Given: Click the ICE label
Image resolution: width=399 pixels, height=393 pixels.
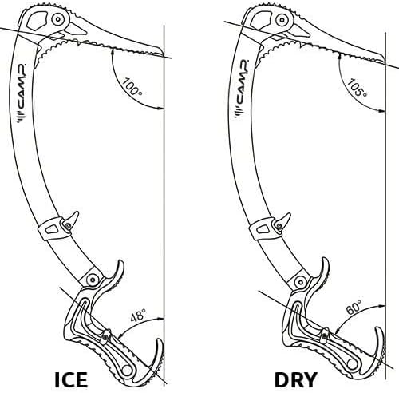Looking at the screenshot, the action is pyautogui.click(x=71, y=379).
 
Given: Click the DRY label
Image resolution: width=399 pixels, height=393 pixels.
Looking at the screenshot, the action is pyautogui.click(x=296, y=379).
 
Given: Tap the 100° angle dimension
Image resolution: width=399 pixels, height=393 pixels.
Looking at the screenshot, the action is pyautogui.click(x=132, y=87).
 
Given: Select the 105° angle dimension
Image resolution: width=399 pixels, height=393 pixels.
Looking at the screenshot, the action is pyautogui.click(x=357, y=88).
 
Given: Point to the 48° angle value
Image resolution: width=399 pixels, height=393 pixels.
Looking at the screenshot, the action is pyautogui.click(x=138, y=315).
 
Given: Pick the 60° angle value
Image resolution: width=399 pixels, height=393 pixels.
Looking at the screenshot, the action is pyautogui.click(x=354, y=307).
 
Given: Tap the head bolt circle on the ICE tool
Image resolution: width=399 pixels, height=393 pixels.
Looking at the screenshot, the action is pyautogui.click(x=57, y=19).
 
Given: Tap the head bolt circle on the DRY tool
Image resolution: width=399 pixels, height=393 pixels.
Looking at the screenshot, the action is pyautogui.click(x=282, y=20).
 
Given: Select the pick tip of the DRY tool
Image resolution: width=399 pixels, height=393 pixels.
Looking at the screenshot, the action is pyautogui.click(x=384, y=62).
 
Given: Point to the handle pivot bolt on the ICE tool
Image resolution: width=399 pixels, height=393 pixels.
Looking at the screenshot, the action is pyautogui.click(x=93, y=280).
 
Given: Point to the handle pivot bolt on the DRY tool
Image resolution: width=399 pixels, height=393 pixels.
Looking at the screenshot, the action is pyautogui.click(x=302, y=281).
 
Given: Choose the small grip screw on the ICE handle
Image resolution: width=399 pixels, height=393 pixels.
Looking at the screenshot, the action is pyautogui.click(x=106, y=337).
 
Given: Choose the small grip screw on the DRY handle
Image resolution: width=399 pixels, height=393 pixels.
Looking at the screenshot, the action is pyautogui.click(x=325, y=336).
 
